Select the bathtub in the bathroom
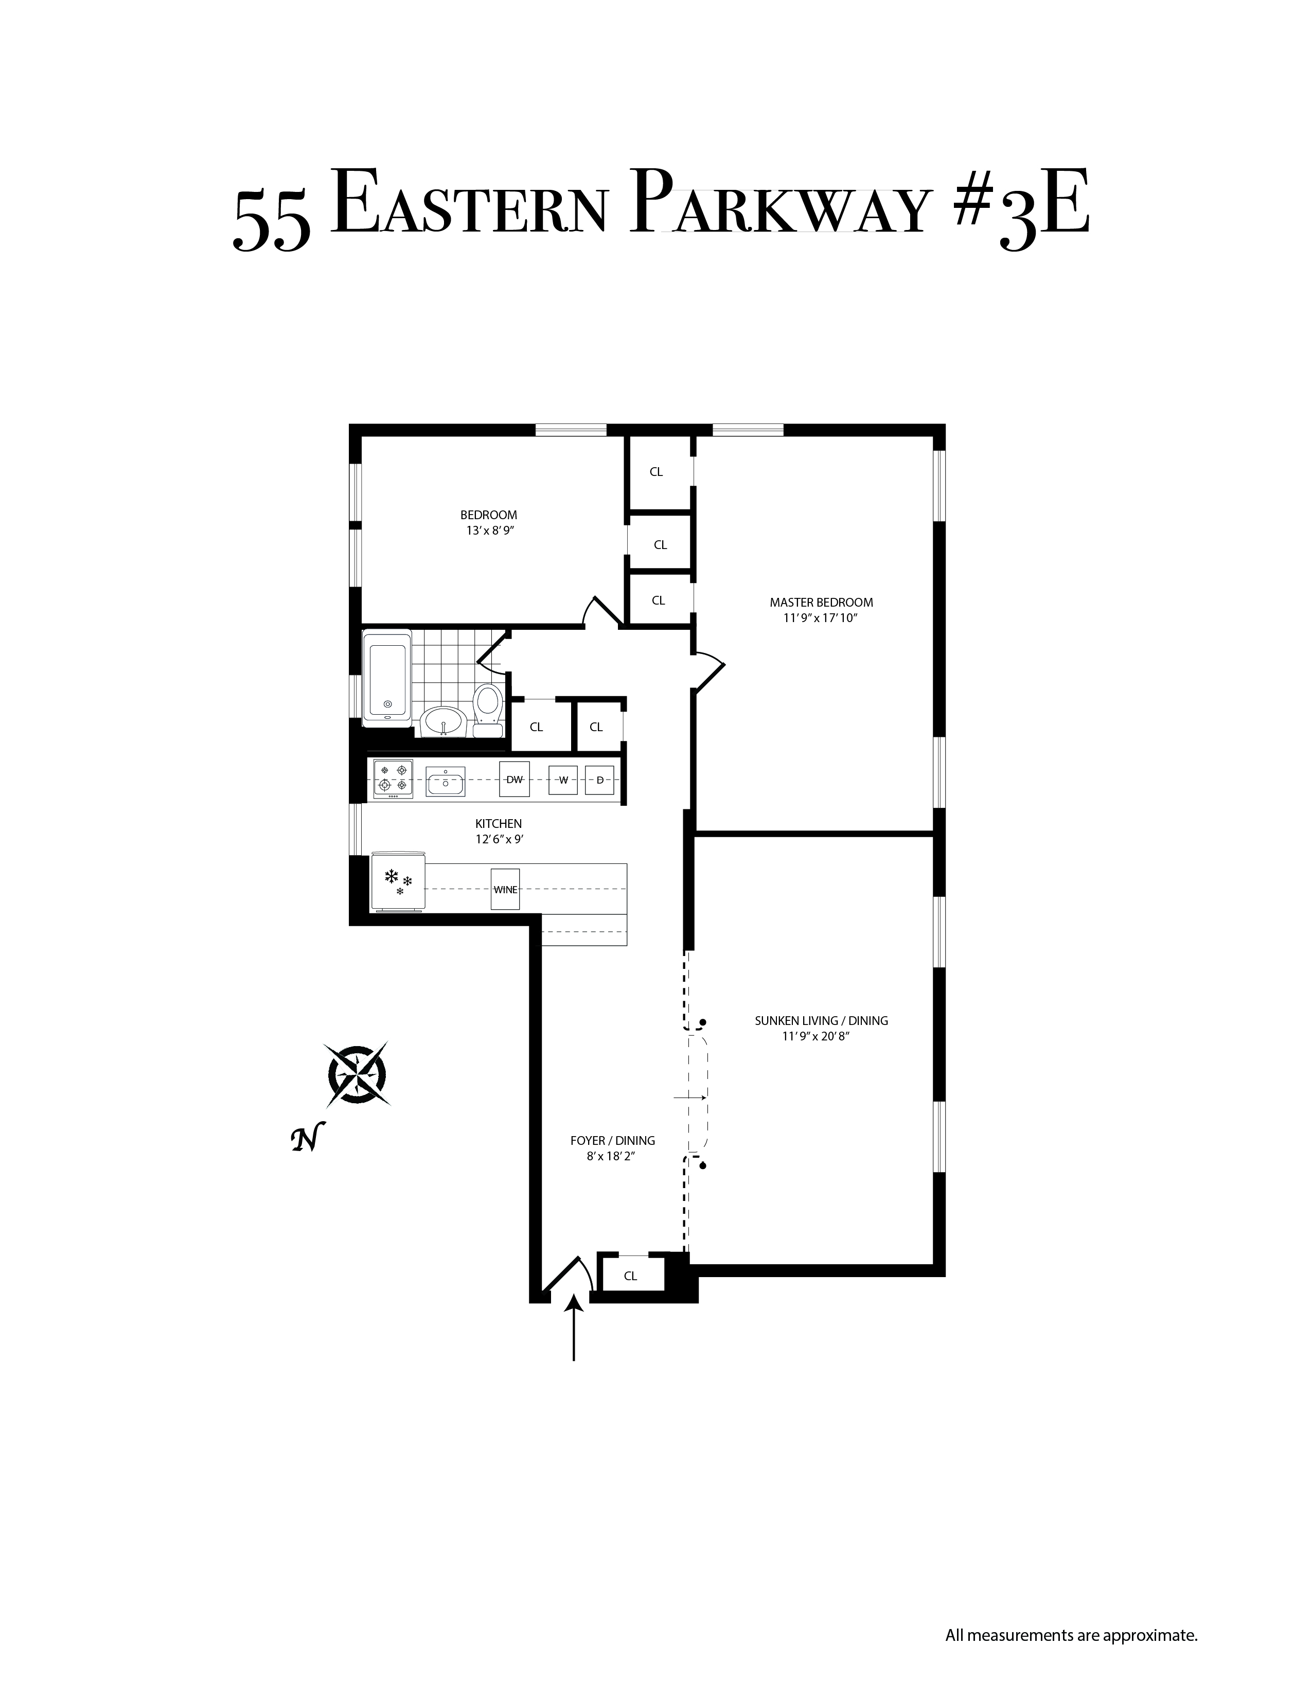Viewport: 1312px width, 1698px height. pyautogui.click(x=387, y=677)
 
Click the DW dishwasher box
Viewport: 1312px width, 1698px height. pyautogui.click(x=515, y=779)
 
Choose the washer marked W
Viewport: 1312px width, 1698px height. pyautogui.click(x=563, y=779)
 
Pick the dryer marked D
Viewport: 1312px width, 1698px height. pyautogui.click(x=599, y=779)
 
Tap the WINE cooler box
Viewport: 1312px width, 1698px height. pyautogui.click(x=505, y=889)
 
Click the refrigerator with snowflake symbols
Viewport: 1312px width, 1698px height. pyautogui.click(x=399, y=880)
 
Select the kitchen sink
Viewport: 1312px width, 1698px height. pyautogui.click(x=446, y=780)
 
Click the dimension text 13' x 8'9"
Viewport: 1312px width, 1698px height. pyautogui.click(x=488, y=530)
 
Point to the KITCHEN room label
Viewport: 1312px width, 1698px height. pyautogui.click(x=498, y=823)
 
